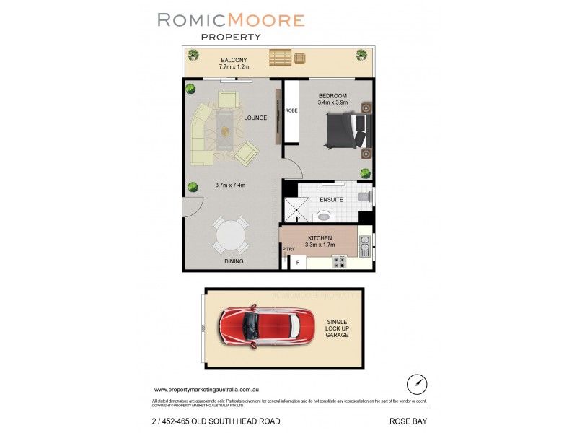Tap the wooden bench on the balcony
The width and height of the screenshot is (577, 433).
(280, 58)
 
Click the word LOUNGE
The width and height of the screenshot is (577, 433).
(255, 118)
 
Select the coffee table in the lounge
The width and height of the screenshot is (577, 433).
(226, 131)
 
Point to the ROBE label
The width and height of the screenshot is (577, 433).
(291, 110)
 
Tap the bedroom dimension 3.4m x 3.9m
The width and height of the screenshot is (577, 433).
(332, 103)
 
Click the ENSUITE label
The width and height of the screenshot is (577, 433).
(332, 199)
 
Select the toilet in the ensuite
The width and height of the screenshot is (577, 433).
(365, 196)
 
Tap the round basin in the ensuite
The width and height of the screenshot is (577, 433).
(324, 216)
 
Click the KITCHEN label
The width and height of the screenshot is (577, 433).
(320, 237)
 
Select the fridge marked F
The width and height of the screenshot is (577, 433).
(296, 263)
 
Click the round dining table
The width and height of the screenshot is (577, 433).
(231, 235)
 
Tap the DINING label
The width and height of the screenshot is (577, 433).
(233, 261)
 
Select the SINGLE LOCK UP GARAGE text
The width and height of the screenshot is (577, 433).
(338, 329)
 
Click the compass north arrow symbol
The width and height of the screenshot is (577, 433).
(414, 383)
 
